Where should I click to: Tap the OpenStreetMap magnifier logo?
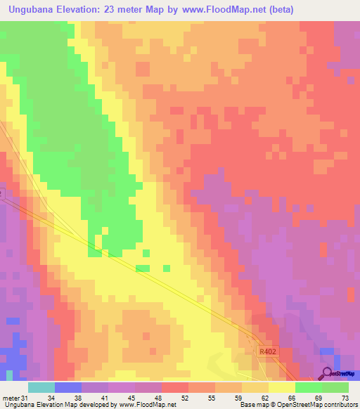pyautogui.click(x=328, y=373)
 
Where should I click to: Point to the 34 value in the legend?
pyautogui.click(x=51, y=398)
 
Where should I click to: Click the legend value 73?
pyautogui.click(x=345, y=398)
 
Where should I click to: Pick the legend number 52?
pyautogui.click(x=185, y=398)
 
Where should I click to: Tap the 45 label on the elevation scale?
pyautogui.click(x=131, y=398)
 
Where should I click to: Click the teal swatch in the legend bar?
pyautogui.click(x=41, y=387)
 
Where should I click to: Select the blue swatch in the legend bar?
pyautogui.click(x=68, y=387)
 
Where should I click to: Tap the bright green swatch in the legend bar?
pyautogui.click(x=309, y=387)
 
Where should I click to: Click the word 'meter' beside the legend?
pyautogui.click(x=11, y=398)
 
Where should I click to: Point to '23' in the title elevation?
pyautogui.click(x=117, y=10)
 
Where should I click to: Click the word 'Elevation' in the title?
pyautogui.click(x=86, y=10)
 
